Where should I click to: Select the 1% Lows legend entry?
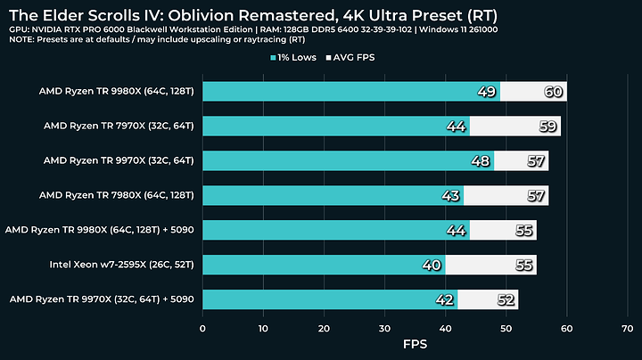point(299,58)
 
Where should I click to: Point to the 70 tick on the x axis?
point(627,327)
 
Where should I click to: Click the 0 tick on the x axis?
point(203,327)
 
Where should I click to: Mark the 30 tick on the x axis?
point(385,327)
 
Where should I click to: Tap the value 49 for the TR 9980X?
point(487,92)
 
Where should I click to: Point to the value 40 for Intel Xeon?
point(432,265)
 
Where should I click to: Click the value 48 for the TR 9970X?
point(481,160)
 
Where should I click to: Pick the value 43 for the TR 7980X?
point(450,195)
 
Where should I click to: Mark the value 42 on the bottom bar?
point(444,299)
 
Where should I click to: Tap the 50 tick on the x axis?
point(506,327)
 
